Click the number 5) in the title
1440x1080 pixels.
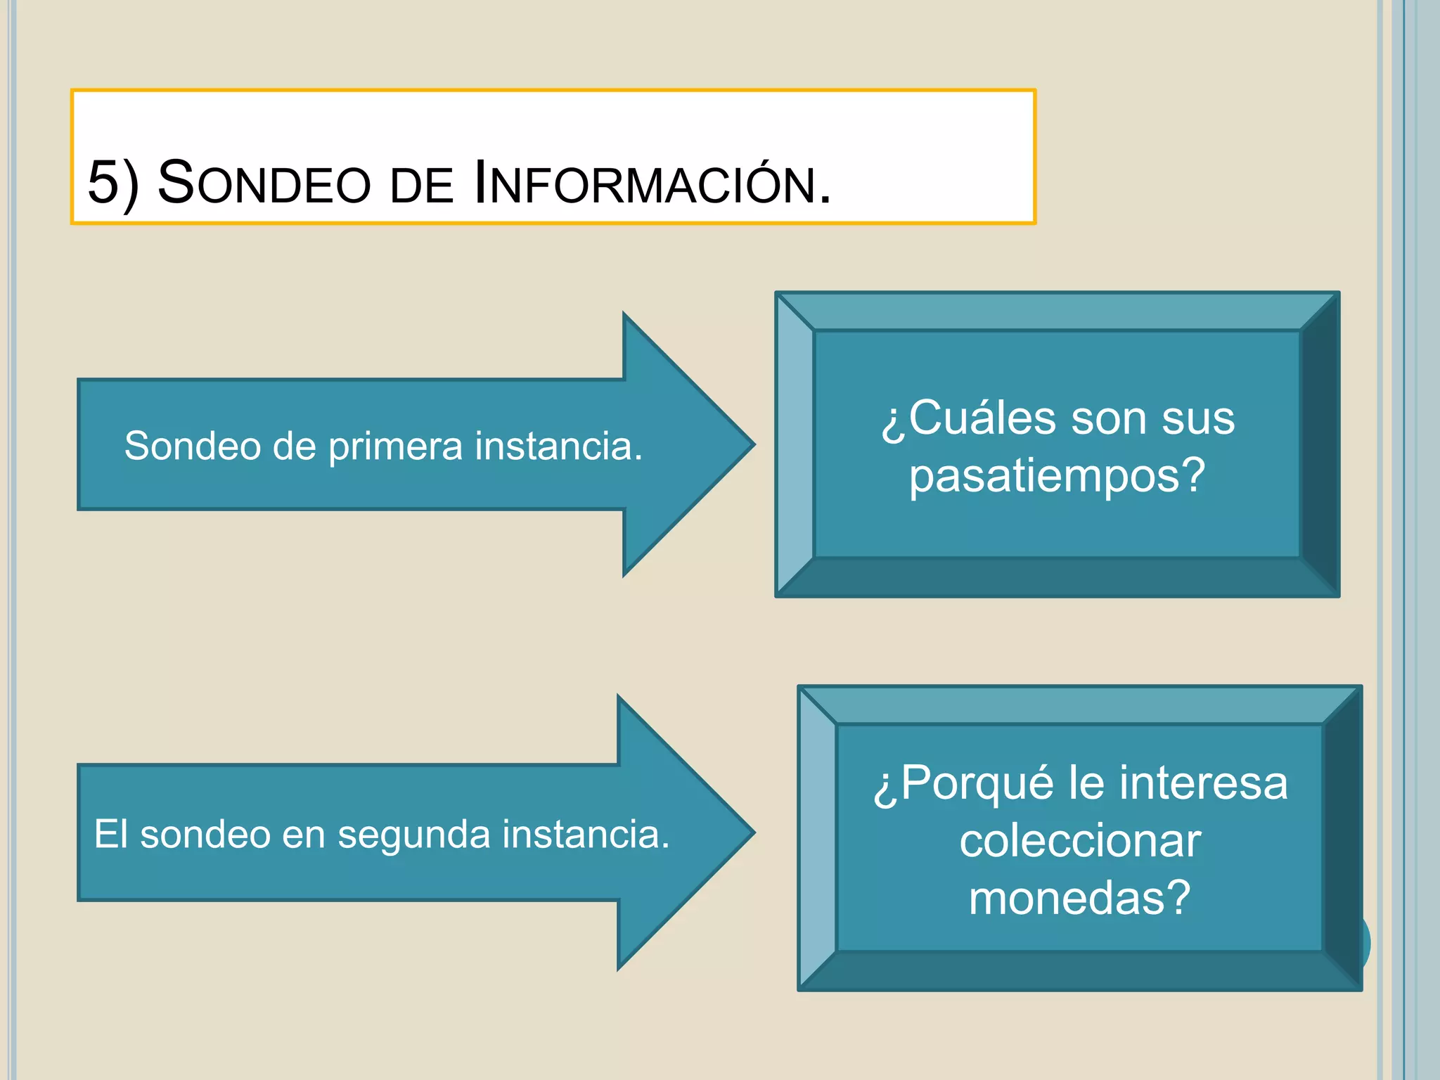pyautogui.click(x=113, y=183)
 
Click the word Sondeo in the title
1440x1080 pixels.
pyautogui.click(x=264, y=183)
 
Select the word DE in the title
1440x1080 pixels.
pyautogui.click(x=422, y=186)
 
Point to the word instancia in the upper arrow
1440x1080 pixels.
pyautogui.click(x=558, y=446)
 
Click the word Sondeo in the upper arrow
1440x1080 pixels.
pyautogui.click(x=192, y=446)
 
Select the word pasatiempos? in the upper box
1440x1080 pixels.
pyautogui.click(x=1057, y=477)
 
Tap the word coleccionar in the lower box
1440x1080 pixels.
pyautogui.click(x=1080, y=841)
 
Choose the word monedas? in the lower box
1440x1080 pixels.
pyautogui.click(x=1080, y=899)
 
